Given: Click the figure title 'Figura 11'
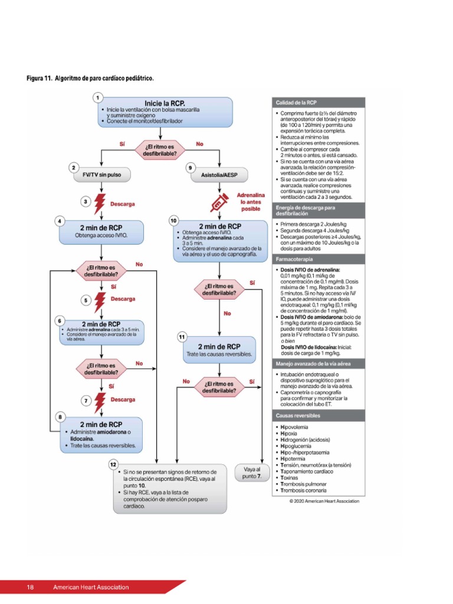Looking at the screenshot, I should [40, 78].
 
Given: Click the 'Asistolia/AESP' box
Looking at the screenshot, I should [219, 175].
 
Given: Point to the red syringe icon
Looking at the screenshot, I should [220, 202].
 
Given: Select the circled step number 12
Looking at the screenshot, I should [113, 465].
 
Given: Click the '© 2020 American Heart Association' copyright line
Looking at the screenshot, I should [324, 501].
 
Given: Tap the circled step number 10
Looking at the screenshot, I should [173, 221].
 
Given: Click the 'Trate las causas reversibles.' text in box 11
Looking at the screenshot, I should [219, 354].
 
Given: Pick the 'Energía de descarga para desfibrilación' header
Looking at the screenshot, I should [306, 211].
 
